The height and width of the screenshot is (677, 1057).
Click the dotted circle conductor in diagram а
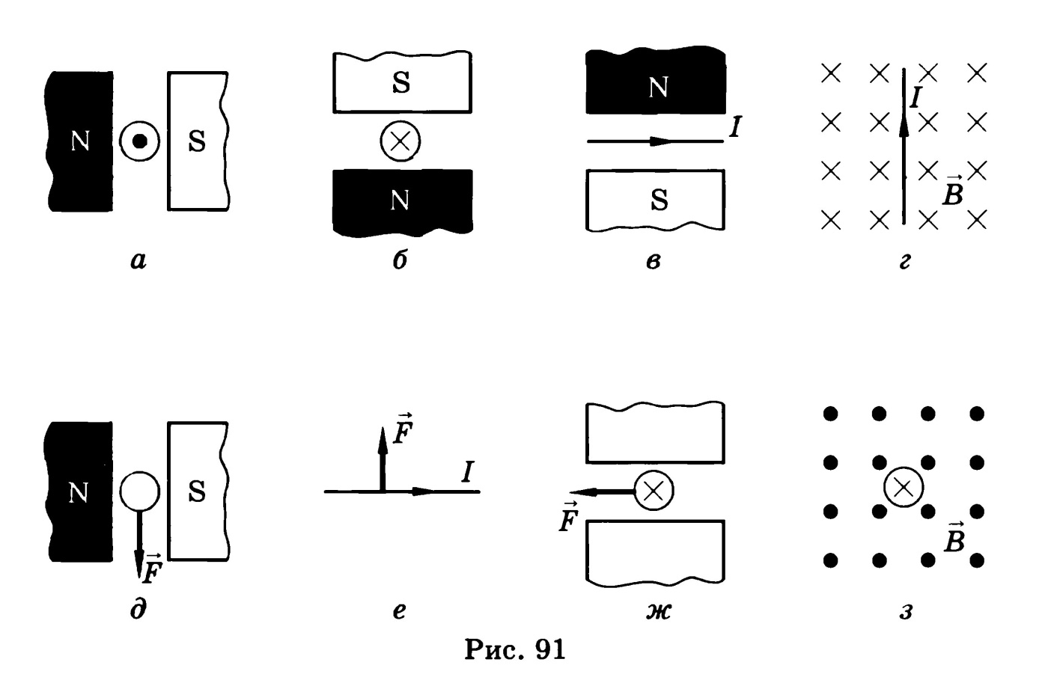point(140,141)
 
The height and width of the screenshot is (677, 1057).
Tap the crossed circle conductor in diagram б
point(400,141)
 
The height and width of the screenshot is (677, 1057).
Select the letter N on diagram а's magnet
point(80,141)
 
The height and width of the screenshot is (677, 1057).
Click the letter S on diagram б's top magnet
point(401,82)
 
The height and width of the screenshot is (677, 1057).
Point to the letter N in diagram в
point(658,88)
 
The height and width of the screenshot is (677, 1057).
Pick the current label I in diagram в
point(734,127)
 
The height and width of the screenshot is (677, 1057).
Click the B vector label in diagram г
point(952,190)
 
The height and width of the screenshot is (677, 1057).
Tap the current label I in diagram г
point(916,98)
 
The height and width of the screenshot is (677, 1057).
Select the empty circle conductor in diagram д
point(140,491)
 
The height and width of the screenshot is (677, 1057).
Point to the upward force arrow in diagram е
point(383,459)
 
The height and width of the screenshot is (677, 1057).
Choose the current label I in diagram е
point(468,472)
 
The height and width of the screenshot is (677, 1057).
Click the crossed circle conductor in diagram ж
point(654,491)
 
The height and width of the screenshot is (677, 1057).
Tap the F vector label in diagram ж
point(569,516)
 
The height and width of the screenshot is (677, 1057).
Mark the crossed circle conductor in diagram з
point(904,488)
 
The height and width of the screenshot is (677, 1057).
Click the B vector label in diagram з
point(954,536)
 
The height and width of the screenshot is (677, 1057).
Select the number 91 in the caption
point(550,649)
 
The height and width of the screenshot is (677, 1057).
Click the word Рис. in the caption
point(495,649)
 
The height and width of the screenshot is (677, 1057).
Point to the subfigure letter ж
point(658,611)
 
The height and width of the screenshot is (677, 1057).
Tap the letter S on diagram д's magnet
point(197,491)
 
